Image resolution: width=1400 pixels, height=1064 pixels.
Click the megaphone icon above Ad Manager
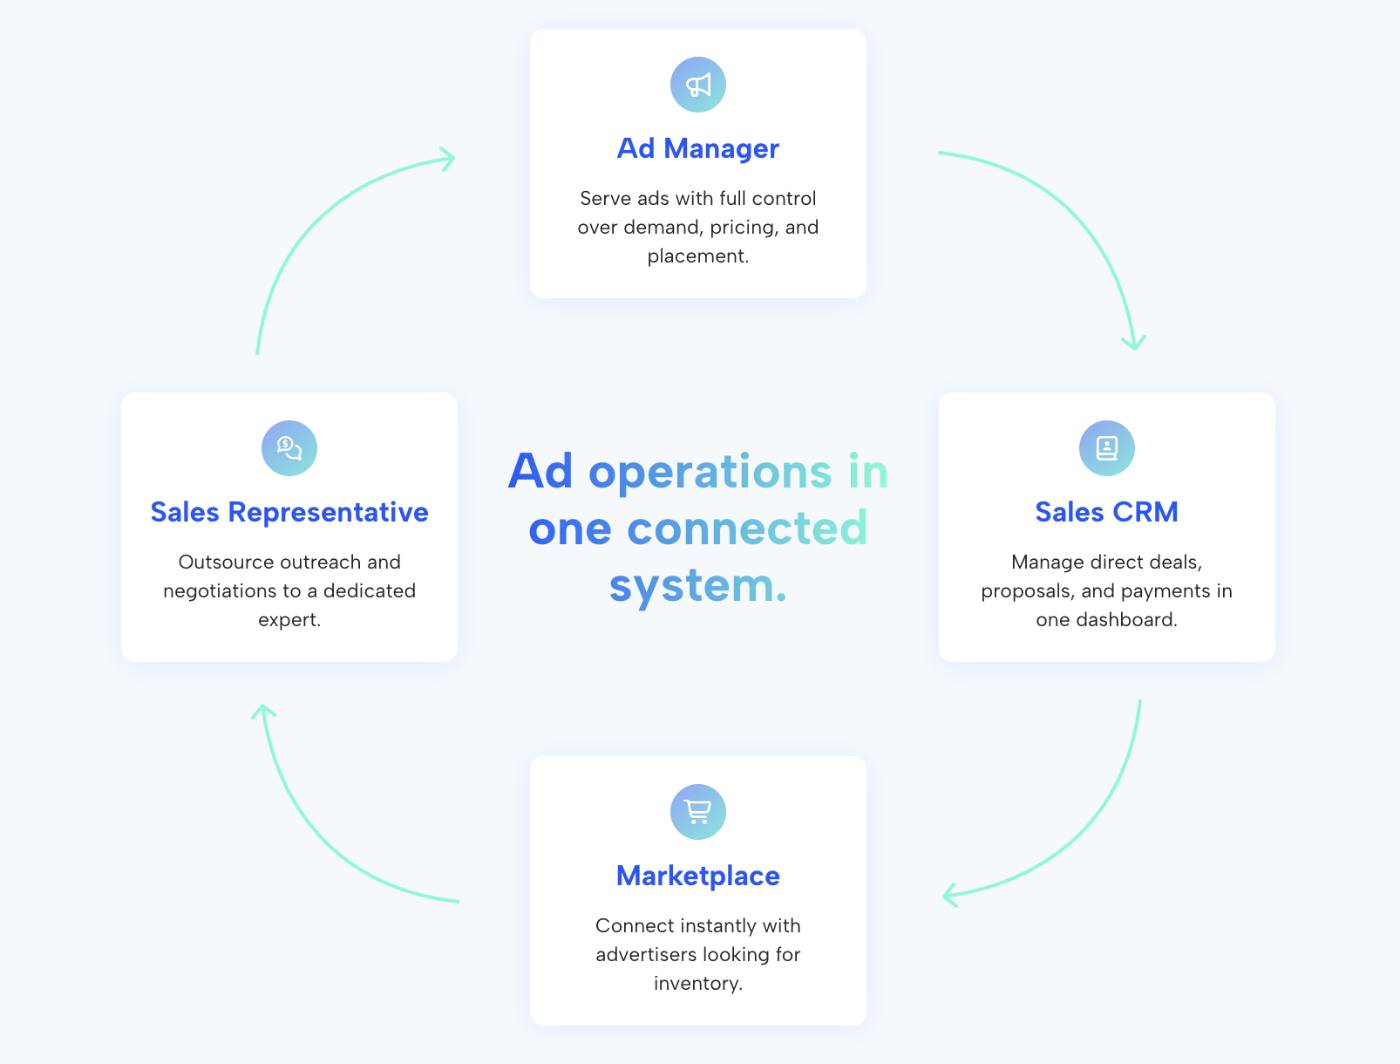(x=697, y=85)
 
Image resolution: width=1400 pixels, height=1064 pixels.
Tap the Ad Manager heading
(x=697, y=148)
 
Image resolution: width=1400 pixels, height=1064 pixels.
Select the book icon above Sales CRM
(x=1106, y=447)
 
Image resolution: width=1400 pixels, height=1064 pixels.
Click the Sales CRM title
(x=1106, y=512)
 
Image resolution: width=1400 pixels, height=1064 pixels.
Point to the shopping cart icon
(x=697, y=811)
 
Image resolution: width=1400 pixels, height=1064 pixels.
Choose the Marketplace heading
(x=697, y=876)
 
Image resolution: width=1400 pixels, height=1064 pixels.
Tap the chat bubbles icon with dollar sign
(x=289, y=447)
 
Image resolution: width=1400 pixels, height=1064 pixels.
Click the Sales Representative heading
(x=289, y=512)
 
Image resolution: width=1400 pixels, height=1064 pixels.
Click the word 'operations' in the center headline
(x=710, y=473)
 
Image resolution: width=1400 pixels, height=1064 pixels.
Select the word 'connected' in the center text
(x=747, y=529)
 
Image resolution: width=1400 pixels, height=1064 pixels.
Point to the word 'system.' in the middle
(x=697, y=585)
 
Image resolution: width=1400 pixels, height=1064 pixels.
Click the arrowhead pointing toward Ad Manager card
(x=448, y=159)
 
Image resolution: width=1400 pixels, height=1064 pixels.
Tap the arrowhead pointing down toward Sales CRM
(x=1134, y=343)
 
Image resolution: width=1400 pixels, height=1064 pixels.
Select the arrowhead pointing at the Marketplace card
(x=950, y=895)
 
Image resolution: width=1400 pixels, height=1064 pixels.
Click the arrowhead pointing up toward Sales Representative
(x=262, y=712)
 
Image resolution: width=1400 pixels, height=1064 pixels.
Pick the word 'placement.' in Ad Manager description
(x=697, y=256)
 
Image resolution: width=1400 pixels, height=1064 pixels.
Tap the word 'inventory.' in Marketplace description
(x=697, y=984)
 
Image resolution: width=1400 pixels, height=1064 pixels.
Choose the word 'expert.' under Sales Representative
(x=289, y=620)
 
